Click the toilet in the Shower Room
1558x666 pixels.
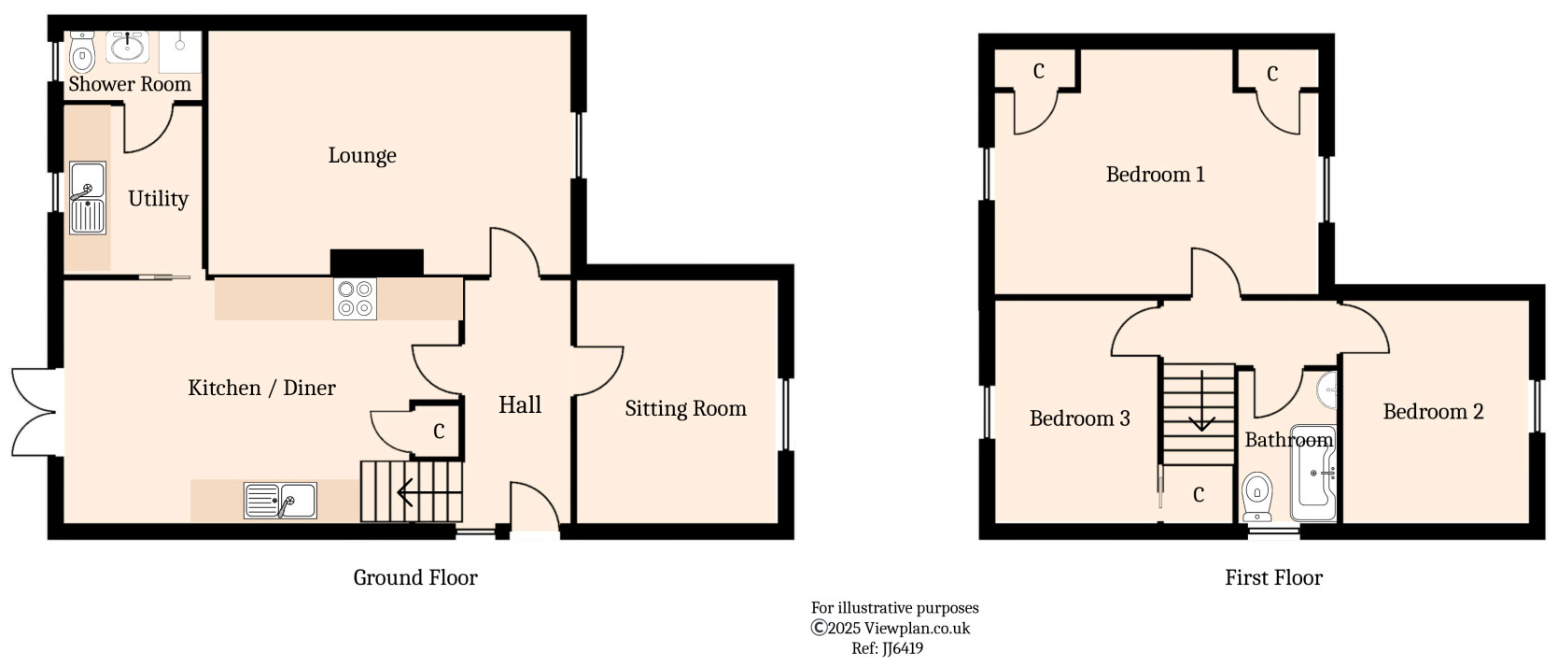click(x=82, y=53)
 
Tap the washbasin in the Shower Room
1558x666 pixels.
click(x=127, y=46)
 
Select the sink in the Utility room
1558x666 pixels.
click(x=88, y=198)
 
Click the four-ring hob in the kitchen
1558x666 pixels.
click(x=355, y=299)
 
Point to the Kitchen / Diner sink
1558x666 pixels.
click(x=280, y=501)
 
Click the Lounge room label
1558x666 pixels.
click(x=362, y=155)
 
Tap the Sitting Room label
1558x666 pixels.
click(x=685, y=408)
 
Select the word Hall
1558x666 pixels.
click(x=520, y=404)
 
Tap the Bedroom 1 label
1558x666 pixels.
click(x=1155, y=175)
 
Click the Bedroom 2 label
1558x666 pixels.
click(x=1433, y=412)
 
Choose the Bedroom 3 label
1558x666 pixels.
click(x=1079, y=418)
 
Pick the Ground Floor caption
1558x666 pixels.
click(x=415, y=578)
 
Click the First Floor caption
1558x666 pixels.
click(x=1273, y=578)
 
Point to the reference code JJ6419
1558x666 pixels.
click(x=888, y=648)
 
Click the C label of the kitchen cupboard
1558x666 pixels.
click(x=439, y=432)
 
